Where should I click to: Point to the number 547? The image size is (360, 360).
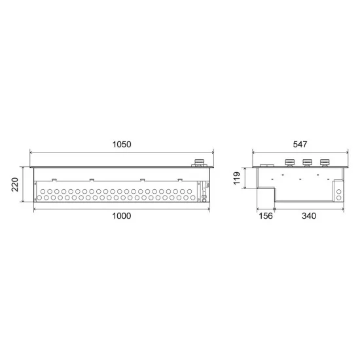pos(300,145)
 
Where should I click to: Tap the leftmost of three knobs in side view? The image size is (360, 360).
pos(289,162)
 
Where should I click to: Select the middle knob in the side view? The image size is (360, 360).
pos(306,162)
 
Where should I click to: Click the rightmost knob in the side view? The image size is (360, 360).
pos(324,162)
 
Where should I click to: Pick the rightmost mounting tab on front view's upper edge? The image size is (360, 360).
pos(179,179)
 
